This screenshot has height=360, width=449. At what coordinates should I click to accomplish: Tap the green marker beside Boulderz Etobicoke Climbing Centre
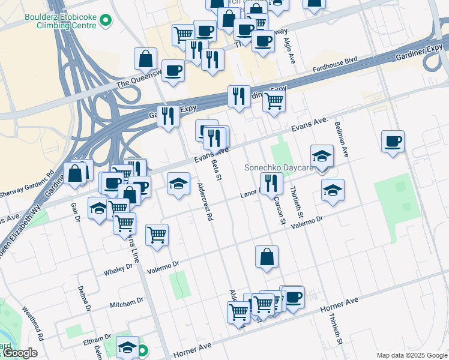(x=106, y=21)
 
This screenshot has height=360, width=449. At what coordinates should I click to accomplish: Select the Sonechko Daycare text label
(x=279, y=168)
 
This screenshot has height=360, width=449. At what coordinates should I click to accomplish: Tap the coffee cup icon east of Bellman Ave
(x=393, y=142)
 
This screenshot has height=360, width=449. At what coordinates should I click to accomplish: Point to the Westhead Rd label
(x=32, y=323)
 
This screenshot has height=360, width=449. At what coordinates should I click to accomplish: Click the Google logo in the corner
(x=19, y=353)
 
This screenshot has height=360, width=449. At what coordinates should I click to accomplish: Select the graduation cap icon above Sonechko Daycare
(x=322, y=155)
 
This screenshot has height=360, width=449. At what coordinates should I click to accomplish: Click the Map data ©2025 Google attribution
(x=411, y=355)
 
